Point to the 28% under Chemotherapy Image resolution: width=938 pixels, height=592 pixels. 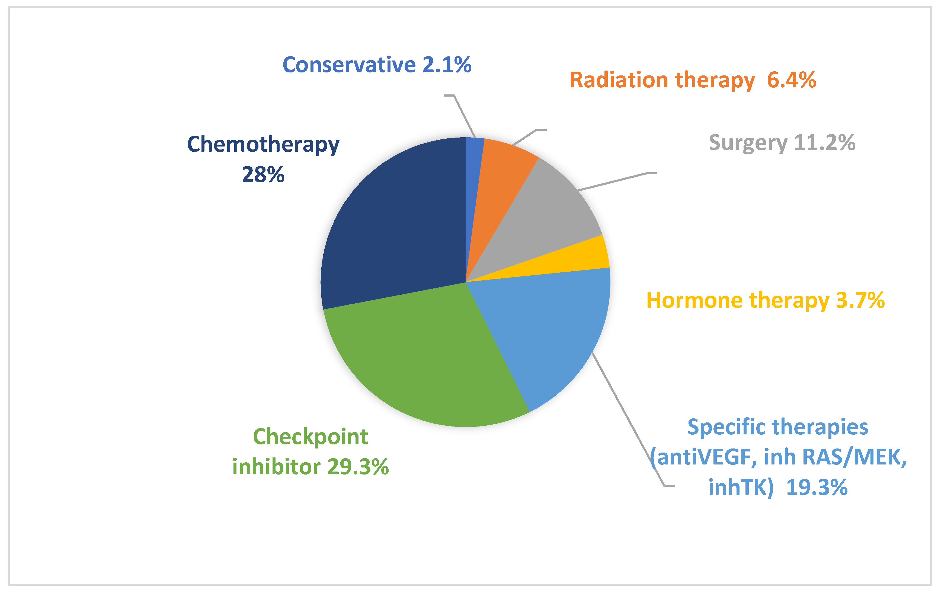[x=263, y=175]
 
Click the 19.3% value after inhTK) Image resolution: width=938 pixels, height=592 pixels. [x=817, y=487]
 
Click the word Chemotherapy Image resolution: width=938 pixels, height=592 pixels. [x=263, y=145]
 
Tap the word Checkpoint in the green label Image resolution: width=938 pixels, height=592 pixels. [x=310, y=437]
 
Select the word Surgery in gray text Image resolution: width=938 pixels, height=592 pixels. [x=748, y=143]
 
